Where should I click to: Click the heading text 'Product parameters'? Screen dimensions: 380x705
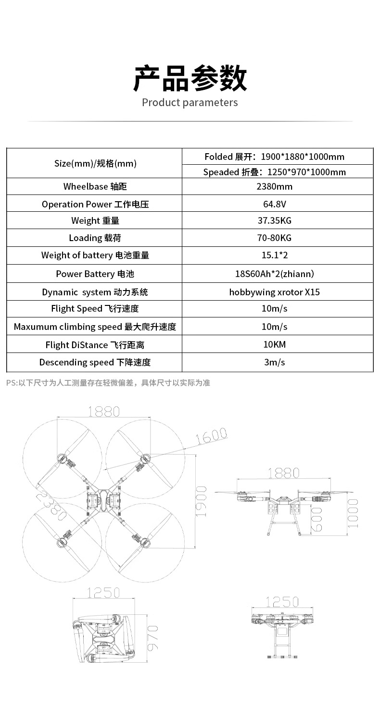click(x=190, y=103)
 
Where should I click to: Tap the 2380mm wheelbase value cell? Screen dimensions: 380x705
click(x=274, y=187)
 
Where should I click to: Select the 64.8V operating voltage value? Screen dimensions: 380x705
click(x=274, y=204)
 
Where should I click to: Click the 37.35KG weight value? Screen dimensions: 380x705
click(x=274, y=220)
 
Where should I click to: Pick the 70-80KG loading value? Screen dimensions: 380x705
click(x=274, y=238)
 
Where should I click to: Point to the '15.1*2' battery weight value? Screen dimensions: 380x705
click(x=274, y=255)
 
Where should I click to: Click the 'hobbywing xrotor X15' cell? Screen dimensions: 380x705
click(x=274, y=292)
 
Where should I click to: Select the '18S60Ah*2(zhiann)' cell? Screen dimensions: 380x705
click(x=274, y=274)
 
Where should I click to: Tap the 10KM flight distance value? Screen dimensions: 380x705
click(x=274, y=345)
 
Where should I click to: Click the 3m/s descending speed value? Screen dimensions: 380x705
click(x=274, y=363)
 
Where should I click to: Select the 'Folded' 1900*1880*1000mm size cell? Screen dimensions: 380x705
click(x=274, y=157)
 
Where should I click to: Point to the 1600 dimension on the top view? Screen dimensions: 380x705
click(x=211, y=436)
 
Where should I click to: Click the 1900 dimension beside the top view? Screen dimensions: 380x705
click(x=202, y=501)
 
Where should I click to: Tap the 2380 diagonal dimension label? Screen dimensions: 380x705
click(x=51, y=506)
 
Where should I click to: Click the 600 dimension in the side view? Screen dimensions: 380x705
click(x=317, y=519)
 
